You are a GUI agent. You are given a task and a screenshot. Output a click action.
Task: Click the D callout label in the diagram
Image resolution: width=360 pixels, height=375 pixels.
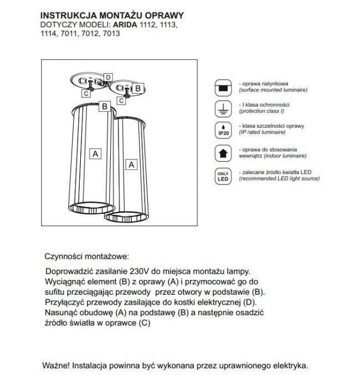coord(109,77)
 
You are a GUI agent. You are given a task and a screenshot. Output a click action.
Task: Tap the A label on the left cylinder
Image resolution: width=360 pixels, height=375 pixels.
coord(96,154)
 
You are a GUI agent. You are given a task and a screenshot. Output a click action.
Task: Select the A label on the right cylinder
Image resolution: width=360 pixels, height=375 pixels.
coord(131,165)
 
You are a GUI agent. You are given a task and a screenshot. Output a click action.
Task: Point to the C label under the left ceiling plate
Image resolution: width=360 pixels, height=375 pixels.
coord(86,94)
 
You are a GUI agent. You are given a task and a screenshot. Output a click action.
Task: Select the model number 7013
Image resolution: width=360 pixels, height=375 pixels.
coord(112,33)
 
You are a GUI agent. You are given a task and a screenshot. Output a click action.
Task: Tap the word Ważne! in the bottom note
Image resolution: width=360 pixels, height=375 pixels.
coord(58,366)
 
